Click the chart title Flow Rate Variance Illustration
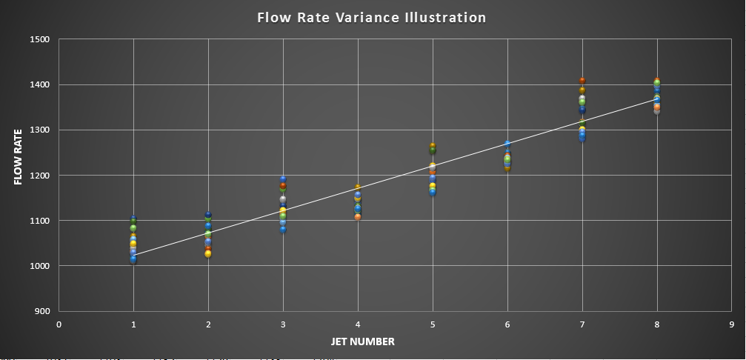[x=372, y=17]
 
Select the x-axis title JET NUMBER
[x=362, y=341]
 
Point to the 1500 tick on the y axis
[x=39, y=39]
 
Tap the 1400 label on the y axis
[x=39, y=84]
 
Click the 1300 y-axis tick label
[x=39, y=130]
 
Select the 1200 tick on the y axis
[x=39, y=176]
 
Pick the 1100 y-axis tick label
[x=39, y=221]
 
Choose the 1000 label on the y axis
[x=39, y=266]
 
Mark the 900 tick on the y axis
[x=41, y=311]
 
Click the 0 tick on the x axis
[x=59, y=324]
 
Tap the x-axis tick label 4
[x=358, y=324]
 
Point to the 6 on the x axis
[x=507, y=324]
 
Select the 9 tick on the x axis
[x=730, y=324]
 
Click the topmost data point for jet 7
[x=582, y=80]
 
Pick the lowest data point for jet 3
[x=283, y=229]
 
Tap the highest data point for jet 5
[x=433, y=147]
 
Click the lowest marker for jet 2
[x=208, y=254]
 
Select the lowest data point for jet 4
[x=358, y=217]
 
